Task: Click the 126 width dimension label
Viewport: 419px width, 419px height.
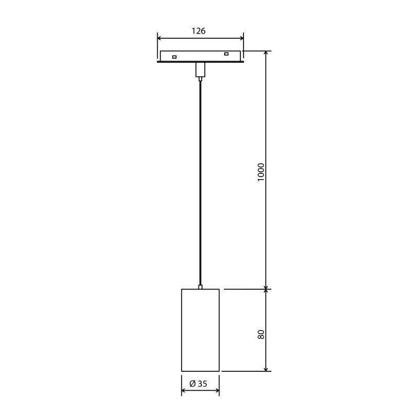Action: coord(198,31)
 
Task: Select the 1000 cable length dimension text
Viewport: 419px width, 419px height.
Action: coord(261,172)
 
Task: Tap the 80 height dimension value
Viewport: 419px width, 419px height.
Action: coord(261,334)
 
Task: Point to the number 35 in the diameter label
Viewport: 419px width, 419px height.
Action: coord(203,384)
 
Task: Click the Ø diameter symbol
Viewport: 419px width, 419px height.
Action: coord(192,384)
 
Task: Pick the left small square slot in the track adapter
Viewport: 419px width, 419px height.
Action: coord(174,57)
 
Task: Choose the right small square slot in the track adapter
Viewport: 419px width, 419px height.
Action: coord(226,54)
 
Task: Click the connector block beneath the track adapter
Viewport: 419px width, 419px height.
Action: coord(200,70)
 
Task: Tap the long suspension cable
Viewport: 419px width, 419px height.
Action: coord(200,183)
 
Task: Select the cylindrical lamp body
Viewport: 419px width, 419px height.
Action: coord(200,330)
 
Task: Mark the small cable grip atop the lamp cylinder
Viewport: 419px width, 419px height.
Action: coord(200,287)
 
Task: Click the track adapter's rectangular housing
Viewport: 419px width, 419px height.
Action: coord(200,56)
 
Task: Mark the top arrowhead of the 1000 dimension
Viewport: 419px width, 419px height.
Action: coord(266,53)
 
